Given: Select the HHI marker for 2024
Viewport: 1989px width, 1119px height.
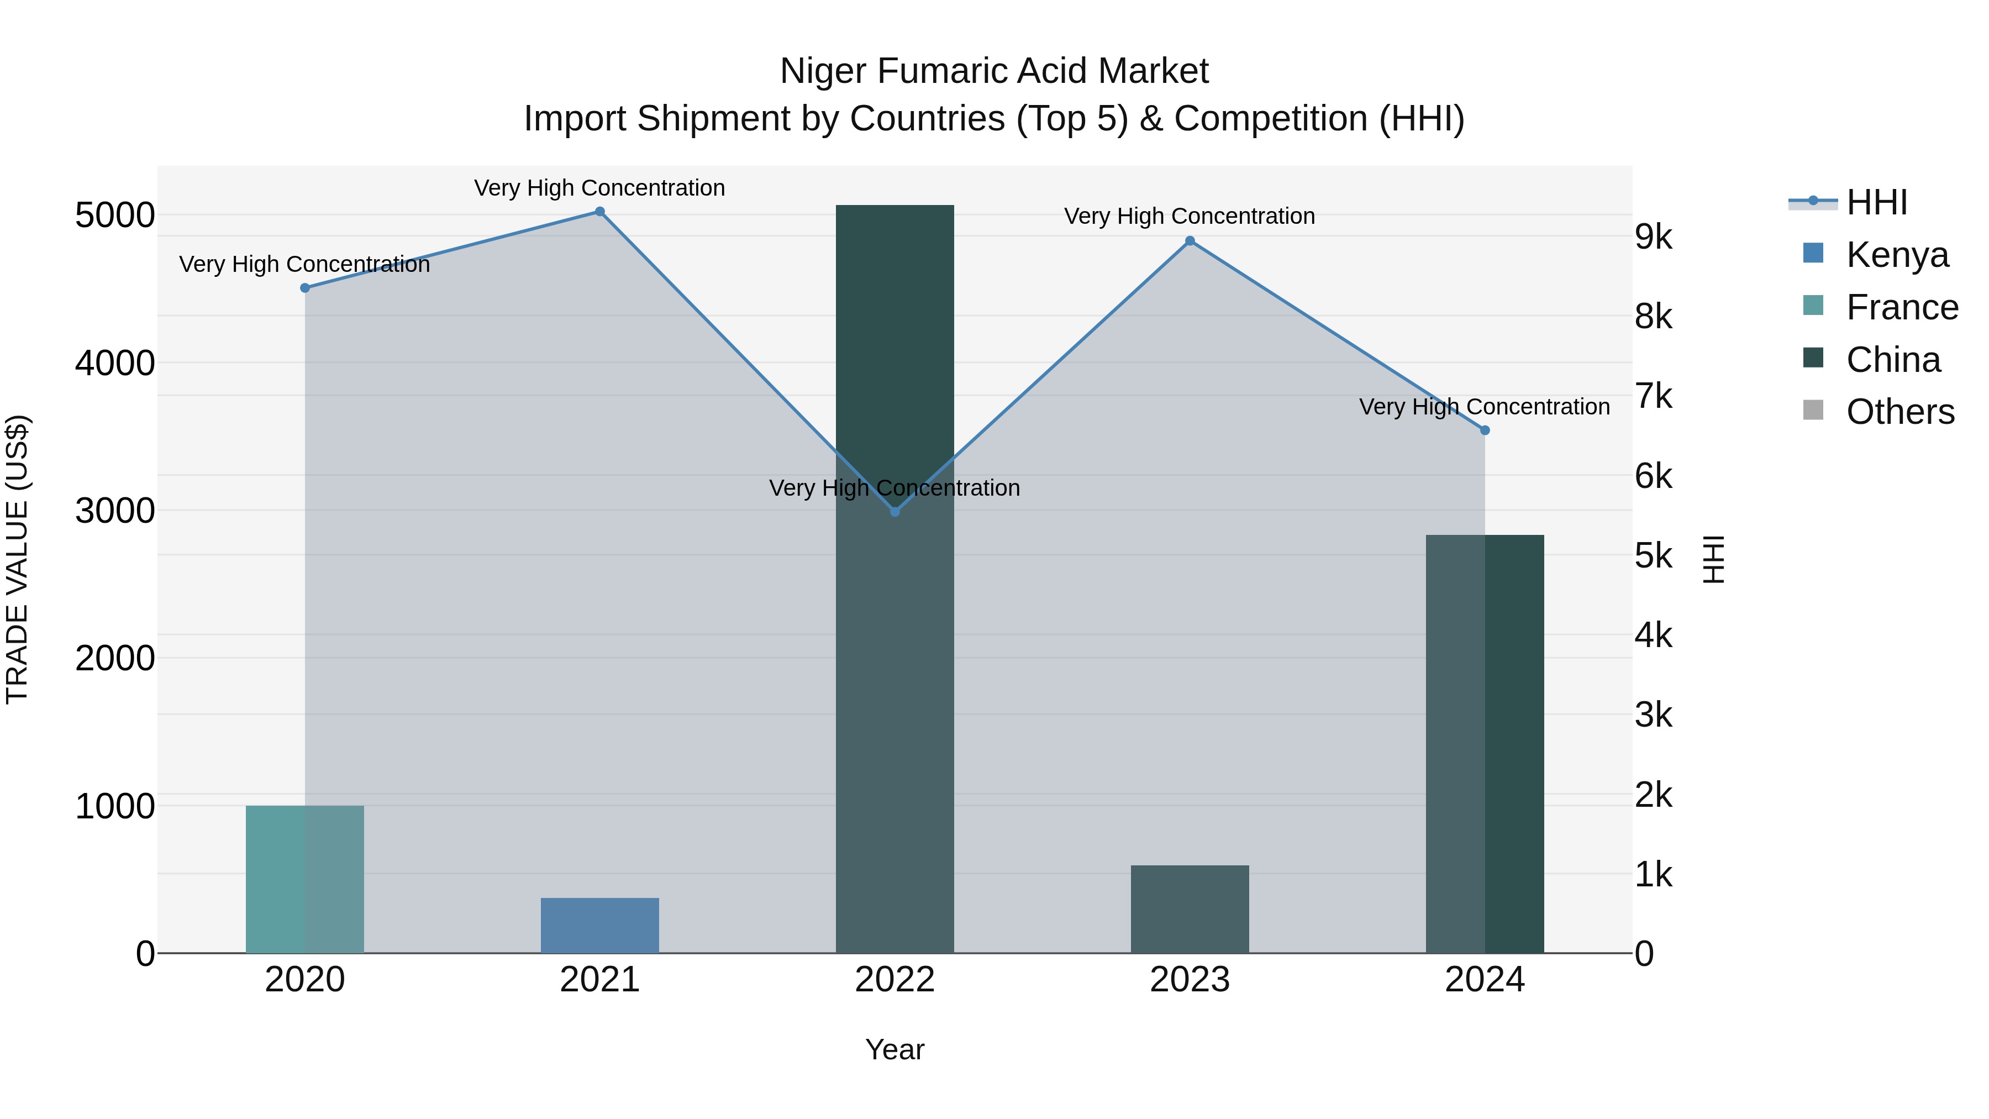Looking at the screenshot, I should pyautogui.click(x=1484, y=430).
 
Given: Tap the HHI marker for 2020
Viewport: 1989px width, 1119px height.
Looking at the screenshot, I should pyautogui.click(x=304, y=288).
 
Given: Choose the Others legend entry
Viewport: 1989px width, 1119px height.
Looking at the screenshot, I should pyautogui.click(x=1899, y=412).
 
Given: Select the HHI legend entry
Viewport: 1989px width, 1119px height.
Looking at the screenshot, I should pyautogui.click(x=1876, y=202).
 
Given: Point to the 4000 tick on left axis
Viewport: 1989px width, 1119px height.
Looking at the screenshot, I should pyautogui.click(x=114, y=363).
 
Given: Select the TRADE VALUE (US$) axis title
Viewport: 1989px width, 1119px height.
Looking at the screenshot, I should pyautogui.click(x=17, y=559).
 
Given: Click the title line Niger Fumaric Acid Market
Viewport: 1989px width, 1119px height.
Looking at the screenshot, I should pyautogui.click(x=994, y=71).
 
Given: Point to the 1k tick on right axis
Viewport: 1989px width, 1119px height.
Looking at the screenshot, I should pyautogui.click(x=1653, y=875).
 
